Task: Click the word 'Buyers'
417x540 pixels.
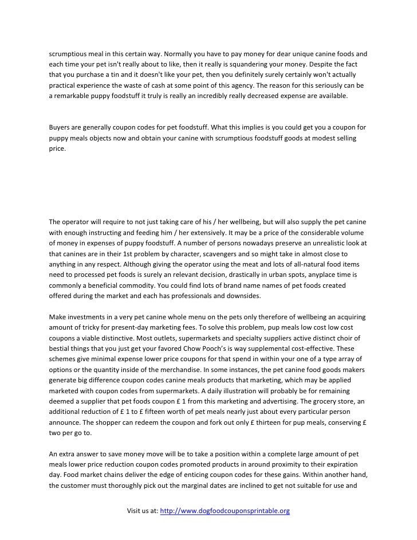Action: point(60,126)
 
